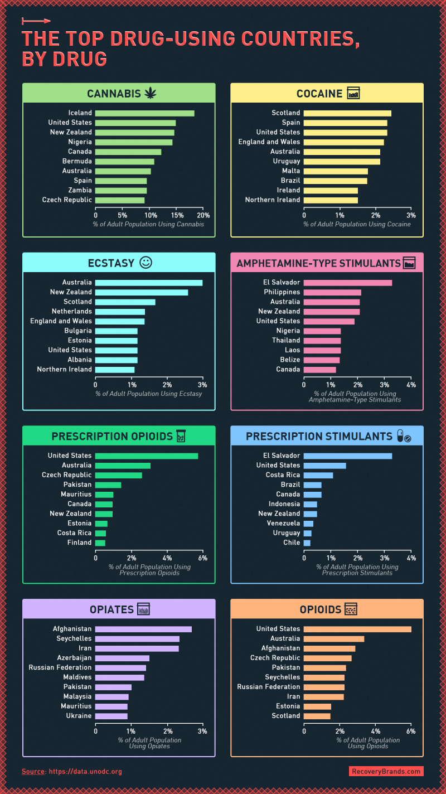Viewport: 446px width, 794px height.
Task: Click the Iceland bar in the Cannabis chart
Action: click(x=144, y=113)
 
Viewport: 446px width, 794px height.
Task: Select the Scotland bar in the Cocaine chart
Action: click(x=347, y=113)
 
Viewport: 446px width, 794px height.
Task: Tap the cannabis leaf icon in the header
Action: click(x=150, y=94)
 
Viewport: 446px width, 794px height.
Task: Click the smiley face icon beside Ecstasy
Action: click(x=146, y=263)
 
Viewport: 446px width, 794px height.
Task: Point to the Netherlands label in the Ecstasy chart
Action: click(x=72, y=311)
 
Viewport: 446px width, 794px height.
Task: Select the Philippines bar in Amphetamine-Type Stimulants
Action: click(x=332, y=292)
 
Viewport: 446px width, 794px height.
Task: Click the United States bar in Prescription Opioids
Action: click(x=147, y=456)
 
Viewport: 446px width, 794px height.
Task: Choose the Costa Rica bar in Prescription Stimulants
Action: click(x=318, y=475)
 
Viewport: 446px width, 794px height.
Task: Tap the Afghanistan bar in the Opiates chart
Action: click(x=143, y=629)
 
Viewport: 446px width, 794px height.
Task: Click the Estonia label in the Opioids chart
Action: click(x=288, y=706)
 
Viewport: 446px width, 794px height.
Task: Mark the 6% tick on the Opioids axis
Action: click(x=411, y=731)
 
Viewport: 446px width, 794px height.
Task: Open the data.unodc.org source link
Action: click(x=85, y=772)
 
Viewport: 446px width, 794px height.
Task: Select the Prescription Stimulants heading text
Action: click(x=319, y=436)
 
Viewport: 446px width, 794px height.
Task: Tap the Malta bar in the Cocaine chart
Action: click(x=336, y=171)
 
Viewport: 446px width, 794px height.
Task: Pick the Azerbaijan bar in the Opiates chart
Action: click(x=122, y=658)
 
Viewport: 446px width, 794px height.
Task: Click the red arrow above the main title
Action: click(x=36, y=21)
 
